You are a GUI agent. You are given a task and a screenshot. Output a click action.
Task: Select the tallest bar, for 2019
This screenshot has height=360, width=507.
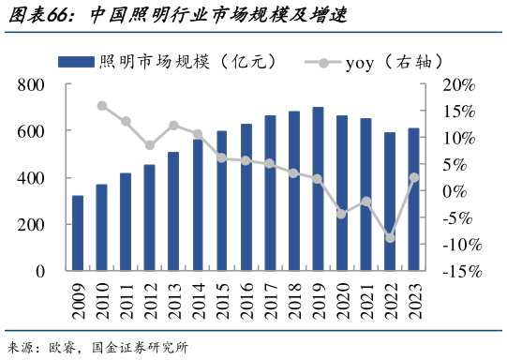tap(318, 189)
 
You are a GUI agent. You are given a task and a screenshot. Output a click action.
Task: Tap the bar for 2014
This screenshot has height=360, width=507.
tap(198, 205)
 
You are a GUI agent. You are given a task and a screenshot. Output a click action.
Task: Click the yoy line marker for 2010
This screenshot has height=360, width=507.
tap(101, 106)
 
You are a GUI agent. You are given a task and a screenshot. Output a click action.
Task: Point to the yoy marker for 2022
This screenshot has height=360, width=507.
tap(390, 238)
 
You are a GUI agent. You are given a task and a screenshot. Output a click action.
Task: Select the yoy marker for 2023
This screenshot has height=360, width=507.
tap(414, 178)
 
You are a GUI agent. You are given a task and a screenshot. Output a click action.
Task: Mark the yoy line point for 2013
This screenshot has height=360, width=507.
tap(173, 126)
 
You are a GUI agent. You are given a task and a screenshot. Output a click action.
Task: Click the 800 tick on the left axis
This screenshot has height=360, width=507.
tap(30, 85)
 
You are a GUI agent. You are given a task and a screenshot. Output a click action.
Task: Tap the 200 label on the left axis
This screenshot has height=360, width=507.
tap(30, 225)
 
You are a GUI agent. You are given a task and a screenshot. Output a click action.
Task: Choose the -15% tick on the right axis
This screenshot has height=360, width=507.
tap(458, 272)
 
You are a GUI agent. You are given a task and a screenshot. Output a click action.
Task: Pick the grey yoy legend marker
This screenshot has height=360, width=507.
tap(323, 62)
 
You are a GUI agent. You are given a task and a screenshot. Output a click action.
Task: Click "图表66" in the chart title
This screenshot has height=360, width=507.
tap(42, 14)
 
